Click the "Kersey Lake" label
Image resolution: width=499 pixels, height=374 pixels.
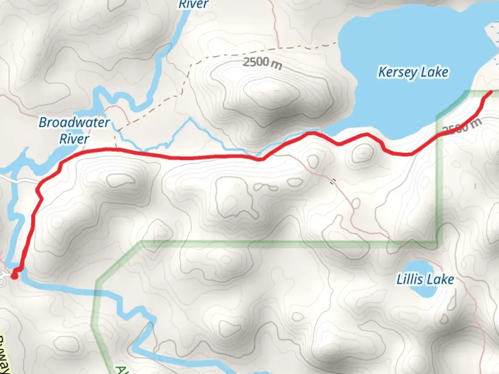coord(413,72)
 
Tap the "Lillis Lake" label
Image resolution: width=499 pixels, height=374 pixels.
coord(425,279)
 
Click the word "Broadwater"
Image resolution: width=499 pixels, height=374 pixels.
coord(74,122)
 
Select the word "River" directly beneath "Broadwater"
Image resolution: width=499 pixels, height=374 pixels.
coord(74,139)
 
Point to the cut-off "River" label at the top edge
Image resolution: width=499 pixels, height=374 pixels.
coord(193,4)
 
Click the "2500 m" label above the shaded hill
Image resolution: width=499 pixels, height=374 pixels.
coord(262,63)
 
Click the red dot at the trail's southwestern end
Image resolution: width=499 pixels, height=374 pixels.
coord(15,276)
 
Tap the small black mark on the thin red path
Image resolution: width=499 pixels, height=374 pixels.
coord(333,181)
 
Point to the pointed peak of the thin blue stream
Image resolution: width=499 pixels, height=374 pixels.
coord(190,119)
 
